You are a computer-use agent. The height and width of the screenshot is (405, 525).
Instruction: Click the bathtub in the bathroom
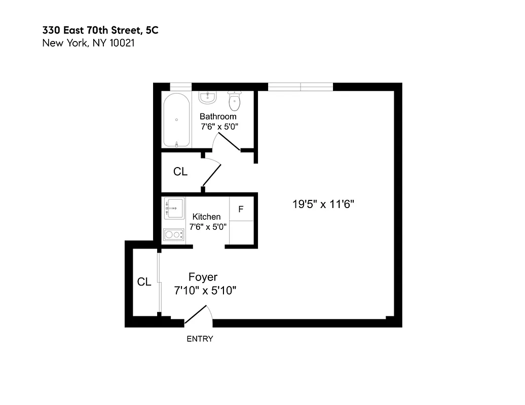tap(176, 120)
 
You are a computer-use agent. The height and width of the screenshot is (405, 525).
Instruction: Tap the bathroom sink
tap(207, 97)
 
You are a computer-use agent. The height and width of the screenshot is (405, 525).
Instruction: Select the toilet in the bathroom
tap(234, 101)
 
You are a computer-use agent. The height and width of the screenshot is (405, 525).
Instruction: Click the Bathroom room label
tap(218, 116)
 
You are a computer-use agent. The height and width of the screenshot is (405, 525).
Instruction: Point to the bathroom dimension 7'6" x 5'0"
tap(218, 127)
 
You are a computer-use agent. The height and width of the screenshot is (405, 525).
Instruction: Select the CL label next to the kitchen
tap(180, 172)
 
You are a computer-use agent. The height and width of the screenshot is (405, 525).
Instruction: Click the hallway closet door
tap(212, 175)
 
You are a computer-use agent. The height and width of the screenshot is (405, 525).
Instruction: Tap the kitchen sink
tap(175, 208)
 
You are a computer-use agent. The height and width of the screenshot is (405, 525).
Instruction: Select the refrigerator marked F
tap(241, 209)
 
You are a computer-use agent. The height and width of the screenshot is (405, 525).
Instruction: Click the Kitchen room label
tap(206, 217)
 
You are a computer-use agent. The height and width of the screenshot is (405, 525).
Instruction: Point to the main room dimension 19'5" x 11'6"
tap(323, 205)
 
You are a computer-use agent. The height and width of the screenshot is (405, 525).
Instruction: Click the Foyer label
tap(203, 277)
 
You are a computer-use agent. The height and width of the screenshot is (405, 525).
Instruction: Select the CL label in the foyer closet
tap(144, 282)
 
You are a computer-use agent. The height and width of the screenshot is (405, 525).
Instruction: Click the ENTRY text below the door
tap(200, 339)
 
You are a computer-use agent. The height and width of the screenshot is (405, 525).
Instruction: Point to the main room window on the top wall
tap(300, 87)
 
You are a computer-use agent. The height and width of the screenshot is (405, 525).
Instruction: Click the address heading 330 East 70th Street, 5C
tap(100, 30)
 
